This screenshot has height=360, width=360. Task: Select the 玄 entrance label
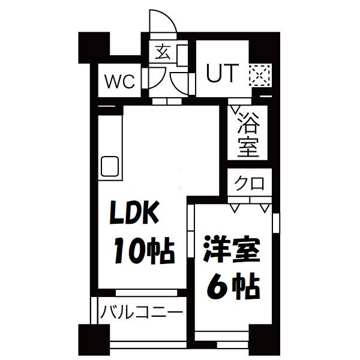pyautogui.click(x=162, y=52)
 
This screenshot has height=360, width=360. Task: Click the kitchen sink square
pyautogui.click(x=110, y=164)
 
